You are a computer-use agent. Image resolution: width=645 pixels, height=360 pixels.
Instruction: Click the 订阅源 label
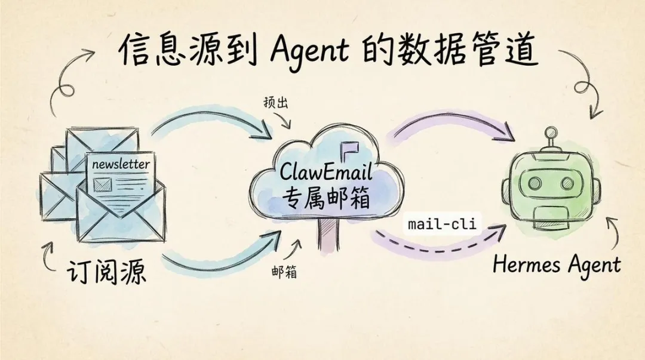[x=106, y=272]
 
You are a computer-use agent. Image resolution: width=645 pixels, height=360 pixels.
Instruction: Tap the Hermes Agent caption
[x=556, y=264]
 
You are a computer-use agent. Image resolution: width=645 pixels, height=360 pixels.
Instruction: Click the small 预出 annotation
[x=276, y=103]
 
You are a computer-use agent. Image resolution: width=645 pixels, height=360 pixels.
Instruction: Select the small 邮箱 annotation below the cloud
[x=283, y=272]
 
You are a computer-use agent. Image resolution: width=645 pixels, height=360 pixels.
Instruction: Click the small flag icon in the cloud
[x=345, y=149]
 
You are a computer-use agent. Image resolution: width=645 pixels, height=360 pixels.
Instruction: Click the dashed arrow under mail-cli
[x=436, y=246]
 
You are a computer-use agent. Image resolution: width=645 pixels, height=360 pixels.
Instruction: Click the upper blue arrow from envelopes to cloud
[x=209, y=119]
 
